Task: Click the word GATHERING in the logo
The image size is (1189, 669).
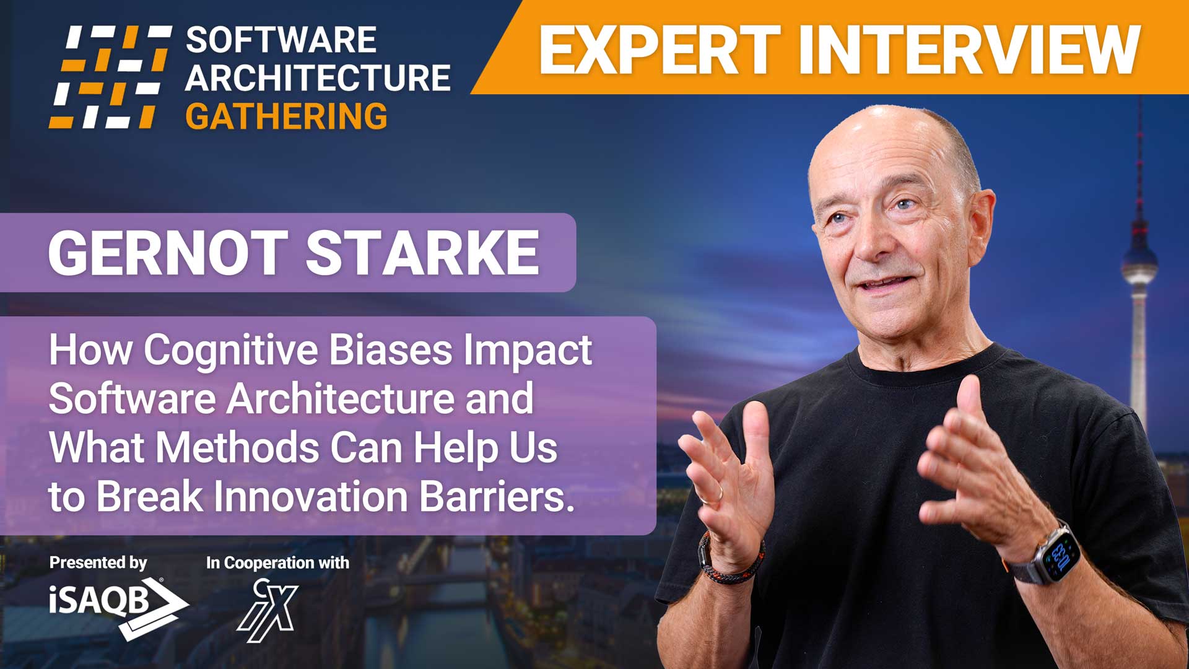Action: (x=286, y=116)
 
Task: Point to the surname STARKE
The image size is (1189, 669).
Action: (x=422, y=253)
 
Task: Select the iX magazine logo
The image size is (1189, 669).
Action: (x=268, y=610)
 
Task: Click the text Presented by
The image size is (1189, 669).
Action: (x=98, y=562)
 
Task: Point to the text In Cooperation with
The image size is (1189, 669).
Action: (x=277, y=562)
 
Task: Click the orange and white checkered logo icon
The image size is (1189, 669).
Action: (x=110, y=77)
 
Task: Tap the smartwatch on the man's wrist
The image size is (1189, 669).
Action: (x=1054, y=553)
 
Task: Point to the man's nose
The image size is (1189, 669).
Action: (x=870, y=238)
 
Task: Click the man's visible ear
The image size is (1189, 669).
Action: (x=978, y=214)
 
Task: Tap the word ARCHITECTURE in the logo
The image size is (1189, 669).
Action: (x=318, y=78)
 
